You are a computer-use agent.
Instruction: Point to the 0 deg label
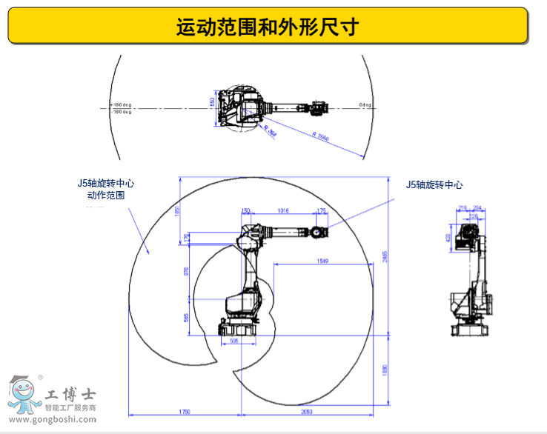(x=365, y=104)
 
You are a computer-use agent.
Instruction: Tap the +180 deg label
(x=122, y=104)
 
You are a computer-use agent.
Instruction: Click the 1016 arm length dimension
(x=282, y=211)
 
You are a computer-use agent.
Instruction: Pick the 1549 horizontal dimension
(x=322, y=261)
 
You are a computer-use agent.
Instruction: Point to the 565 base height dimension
(x=186, y=317)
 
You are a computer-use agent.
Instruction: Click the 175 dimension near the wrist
(x=321, y=211)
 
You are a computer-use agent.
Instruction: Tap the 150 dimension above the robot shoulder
(x=247, y=211)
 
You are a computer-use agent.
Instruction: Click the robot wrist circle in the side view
(x=316, y=232)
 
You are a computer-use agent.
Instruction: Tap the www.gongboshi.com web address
(x=50, y=420)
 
